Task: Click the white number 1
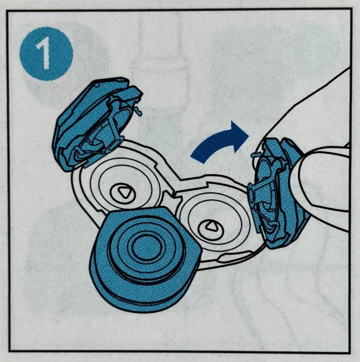click(x=44, y=54)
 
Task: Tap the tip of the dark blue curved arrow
click(x=249, y=136)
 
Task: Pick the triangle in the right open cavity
click(x=211, y=226)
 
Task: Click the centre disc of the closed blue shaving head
click(x=145, y=247)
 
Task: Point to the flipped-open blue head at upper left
click(x=97, y=124)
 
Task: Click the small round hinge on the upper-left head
click(x=115, y=145)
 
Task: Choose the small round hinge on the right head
click(x=251, y=196)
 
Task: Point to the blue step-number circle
click(x=47, y=54)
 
